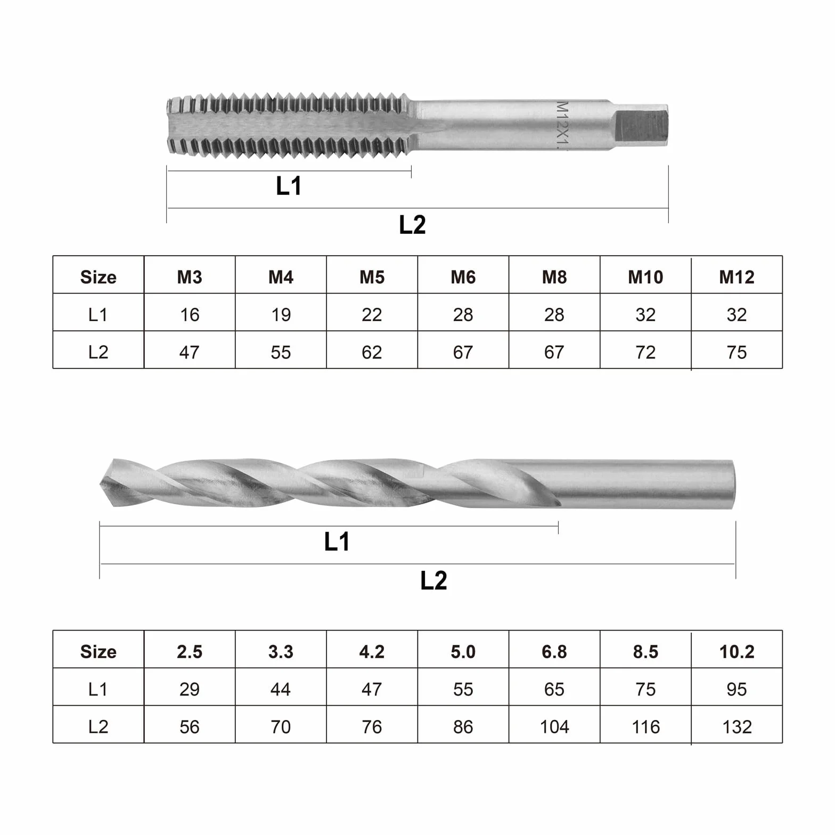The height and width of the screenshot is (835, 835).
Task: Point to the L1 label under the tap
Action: [289, 186]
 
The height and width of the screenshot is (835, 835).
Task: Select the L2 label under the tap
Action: [412, 225]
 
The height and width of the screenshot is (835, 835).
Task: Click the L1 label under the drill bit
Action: [337, 542]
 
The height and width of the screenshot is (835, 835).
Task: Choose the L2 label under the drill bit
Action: [433, 580]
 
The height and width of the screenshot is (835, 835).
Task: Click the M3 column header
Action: [190, 277]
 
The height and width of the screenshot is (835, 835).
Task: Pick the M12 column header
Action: [736, 277]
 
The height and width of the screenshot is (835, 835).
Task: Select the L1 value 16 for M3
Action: [190, 315]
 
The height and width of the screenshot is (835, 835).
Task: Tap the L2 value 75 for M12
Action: [736, 352]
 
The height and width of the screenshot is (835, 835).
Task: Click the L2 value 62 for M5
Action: [372, 352]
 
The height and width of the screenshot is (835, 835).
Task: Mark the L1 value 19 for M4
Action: [281, 315]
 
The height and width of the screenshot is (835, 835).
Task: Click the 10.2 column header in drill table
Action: [736, 652]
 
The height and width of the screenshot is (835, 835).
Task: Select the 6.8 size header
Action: [554, 652]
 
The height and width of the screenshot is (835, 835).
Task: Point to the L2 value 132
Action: [736, 727]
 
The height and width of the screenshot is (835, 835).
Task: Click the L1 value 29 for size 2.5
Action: [190, 690]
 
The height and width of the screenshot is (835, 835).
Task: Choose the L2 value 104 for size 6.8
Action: [554, 727]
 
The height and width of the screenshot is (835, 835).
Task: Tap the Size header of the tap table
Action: [98, 277]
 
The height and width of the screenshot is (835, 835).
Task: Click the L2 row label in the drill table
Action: [98, 727]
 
